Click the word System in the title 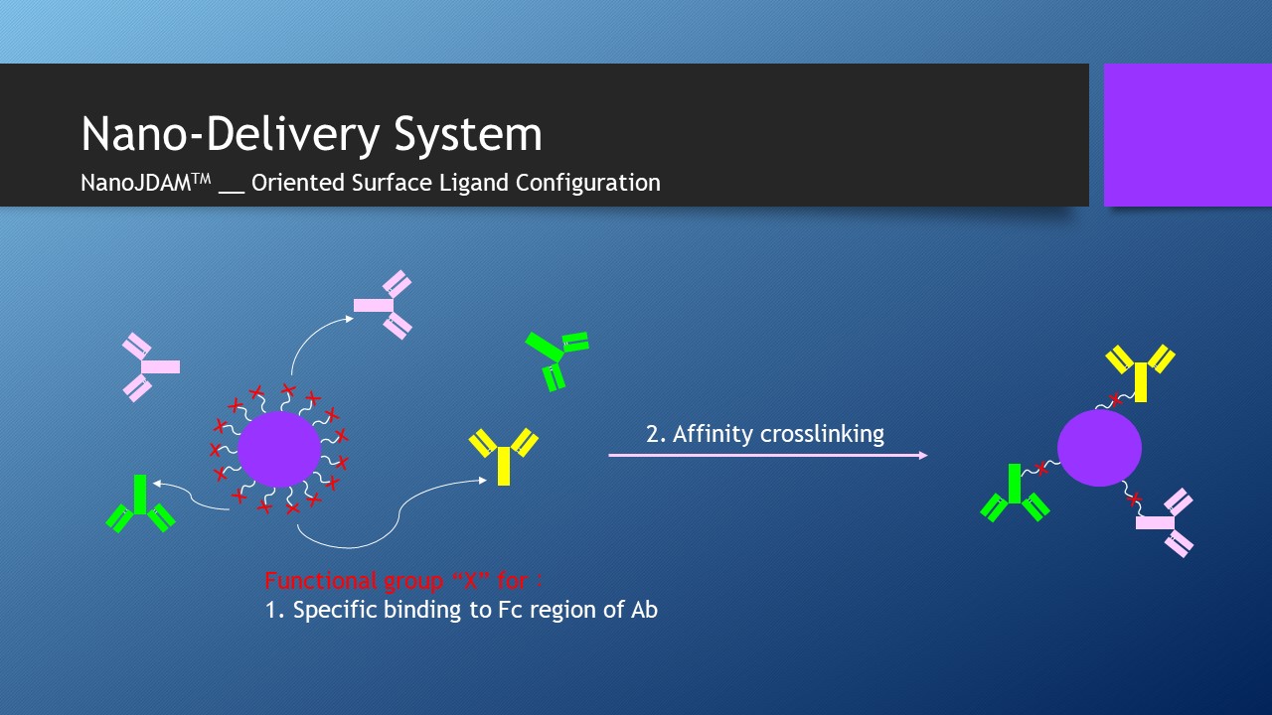[x=468, y=134]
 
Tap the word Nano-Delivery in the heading [x=230, y=133]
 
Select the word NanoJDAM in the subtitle [x=136, y=183]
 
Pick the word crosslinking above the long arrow [x=822, y=434]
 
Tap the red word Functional [x=321, y=581]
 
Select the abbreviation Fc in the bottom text [x=507, y=610]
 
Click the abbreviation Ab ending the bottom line [x=644, y=610]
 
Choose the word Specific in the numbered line [x=335, y=611]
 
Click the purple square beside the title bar [x=1188, y=135]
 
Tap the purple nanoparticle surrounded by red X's [x=279, y=450]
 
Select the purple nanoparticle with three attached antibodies [x=1099, y=448]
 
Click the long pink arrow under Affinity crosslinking [x=768, y=455]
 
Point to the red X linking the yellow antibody [x=1116, y=400]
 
